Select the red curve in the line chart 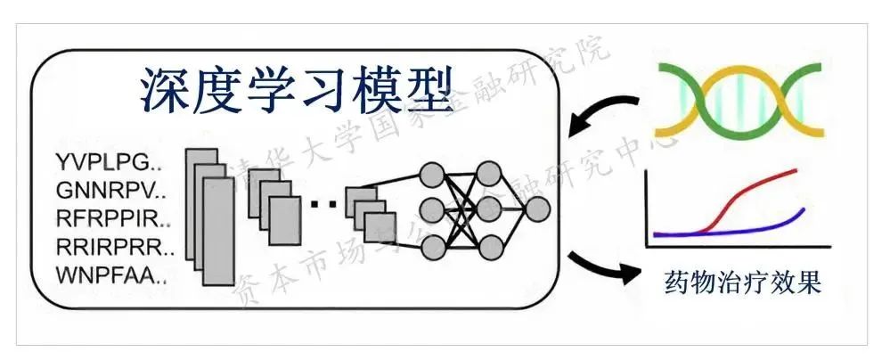point(748,190)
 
